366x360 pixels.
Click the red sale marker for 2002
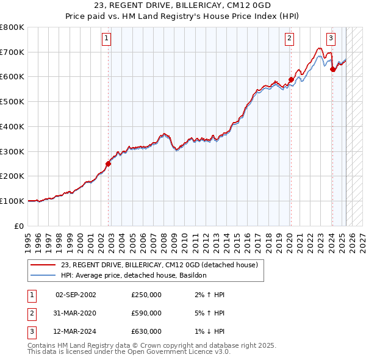point(109,164)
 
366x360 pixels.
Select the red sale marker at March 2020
point(291,79)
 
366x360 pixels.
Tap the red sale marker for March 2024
point(332,70)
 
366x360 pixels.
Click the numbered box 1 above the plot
point(106,38)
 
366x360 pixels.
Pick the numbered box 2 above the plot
point(289,38)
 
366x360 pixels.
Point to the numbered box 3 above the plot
point(331,38)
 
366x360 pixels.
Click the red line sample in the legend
point(43,265)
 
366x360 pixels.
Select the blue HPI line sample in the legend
point(43,275)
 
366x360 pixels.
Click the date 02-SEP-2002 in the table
point(76,295)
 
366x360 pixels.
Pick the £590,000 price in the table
point(146,313)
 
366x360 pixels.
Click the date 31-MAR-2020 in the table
point(76,313)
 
